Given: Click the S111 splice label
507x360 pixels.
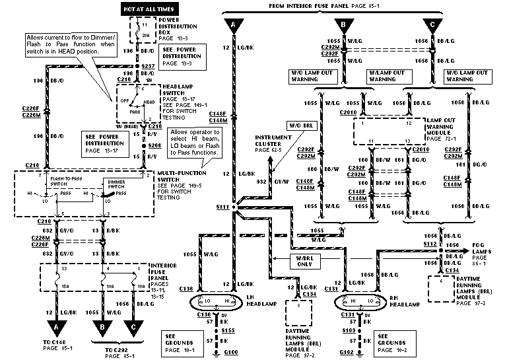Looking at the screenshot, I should pos(222,207).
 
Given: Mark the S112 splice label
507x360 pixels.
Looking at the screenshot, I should pos(430,244).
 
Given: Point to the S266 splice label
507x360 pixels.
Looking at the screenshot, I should pos(154,145).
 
